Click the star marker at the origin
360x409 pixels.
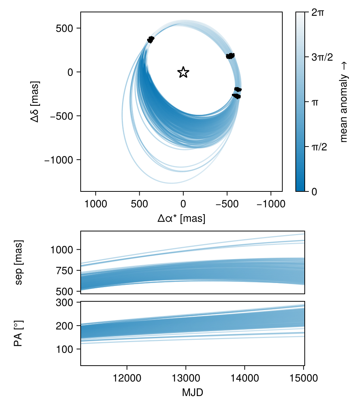pyautogui.click(x=183, y=72)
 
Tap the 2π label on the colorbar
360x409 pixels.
pyautogui.click(x=318, y=12)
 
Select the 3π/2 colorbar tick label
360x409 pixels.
pyautogui.click(x=322, y=57)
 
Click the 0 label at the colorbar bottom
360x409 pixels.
pyautogui.click(x=314, y=191)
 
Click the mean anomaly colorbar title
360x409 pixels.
pyautogui.click(x=344, y=102)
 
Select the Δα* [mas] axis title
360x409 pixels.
pyautogui.click(x=181, y=218)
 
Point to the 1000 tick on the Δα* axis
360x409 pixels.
pyautogui.click(x=96, y=204)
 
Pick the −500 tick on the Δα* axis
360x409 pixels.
pyautogui.click(x=227, y=204)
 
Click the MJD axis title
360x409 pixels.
pyautogui.click(x=193, y=393)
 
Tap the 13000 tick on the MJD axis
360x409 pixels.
pyautogui.click(x=186, y=378)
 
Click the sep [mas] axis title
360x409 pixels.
pyautogui.click(x=19, y=262)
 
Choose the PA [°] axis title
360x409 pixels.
pyautogui.click(x=18, y=333)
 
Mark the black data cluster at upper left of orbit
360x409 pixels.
pyautogui.click(x=150, y=39)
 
